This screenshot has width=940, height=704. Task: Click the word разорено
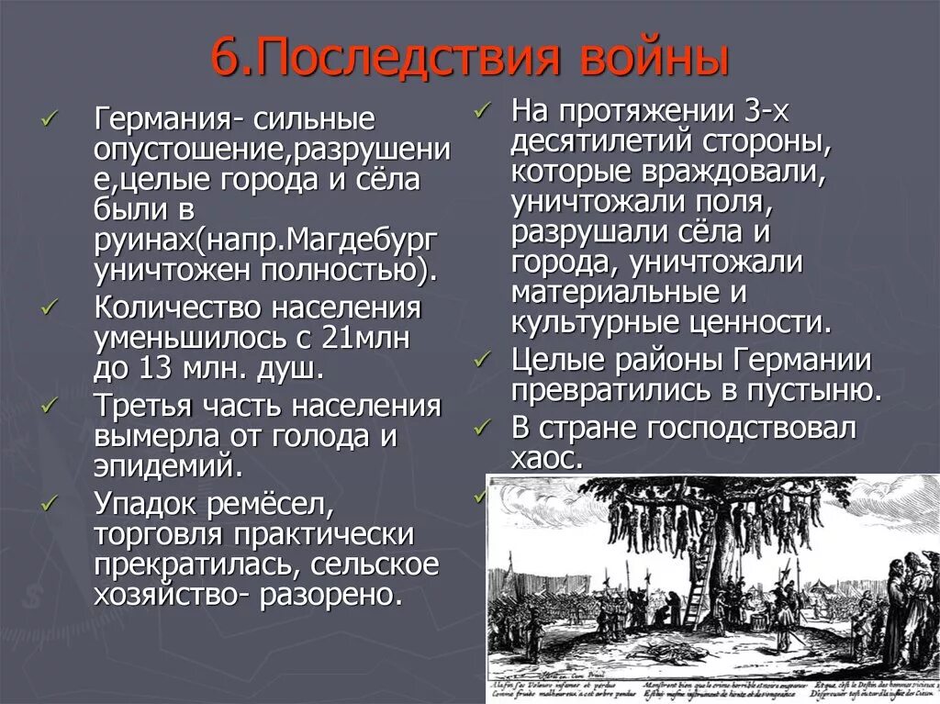coord(331,594)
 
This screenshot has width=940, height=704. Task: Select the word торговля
coord(162,534)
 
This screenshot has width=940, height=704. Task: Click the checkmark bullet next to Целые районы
coord(484,358)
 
